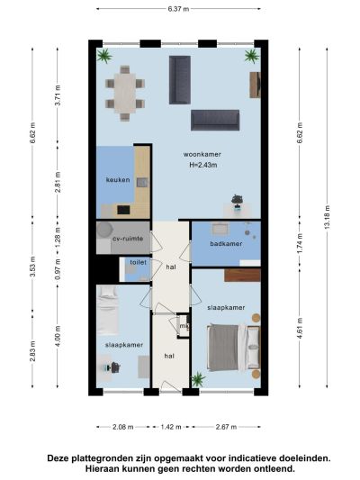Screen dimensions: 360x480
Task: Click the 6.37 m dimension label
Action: pos(178,9)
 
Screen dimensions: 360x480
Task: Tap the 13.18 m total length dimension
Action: pos(327,217)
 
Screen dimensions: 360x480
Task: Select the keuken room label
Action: pos(118,180)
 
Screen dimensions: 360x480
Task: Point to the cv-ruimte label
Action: pos(128,239)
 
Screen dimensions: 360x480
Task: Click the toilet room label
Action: pos(139,262)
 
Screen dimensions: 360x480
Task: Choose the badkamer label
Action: pos(226,244)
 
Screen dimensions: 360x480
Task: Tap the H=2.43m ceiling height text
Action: pos(203,165)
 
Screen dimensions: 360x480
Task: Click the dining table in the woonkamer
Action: pos(125,93)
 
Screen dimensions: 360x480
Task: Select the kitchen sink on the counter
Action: pos(142,183)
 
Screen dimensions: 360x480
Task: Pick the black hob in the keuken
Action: pos(123,210)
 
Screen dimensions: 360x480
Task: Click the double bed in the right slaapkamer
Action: pos(234,348)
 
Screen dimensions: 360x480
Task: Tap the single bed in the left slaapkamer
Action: pos(108,311)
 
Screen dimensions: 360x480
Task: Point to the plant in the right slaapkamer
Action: pos(198,379)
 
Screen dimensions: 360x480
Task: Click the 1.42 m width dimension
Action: pos(171,427)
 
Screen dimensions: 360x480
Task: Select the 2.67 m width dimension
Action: pos(226,427)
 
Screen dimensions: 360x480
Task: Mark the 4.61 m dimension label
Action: pos(300,328)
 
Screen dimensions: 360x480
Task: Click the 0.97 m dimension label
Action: pos(58,269)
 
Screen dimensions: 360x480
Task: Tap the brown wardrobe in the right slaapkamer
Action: pos(242,276)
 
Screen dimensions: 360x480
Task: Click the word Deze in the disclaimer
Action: pos(58,458)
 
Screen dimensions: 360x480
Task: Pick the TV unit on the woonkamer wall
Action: pos(255,85)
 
